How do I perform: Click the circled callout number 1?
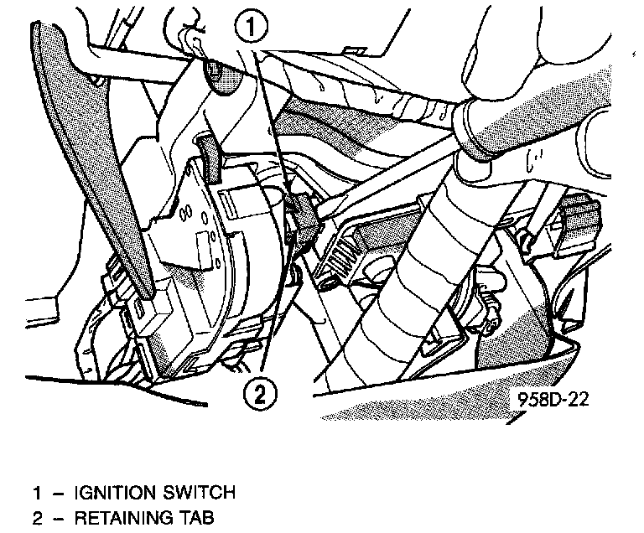point(256,28)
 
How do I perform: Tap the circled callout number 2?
point(259,391)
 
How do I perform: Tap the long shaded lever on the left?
point(92,159)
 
